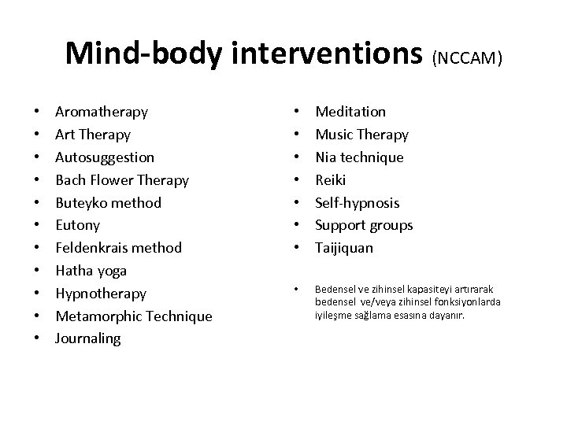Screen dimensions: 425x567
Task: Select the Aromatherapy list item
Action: coord(102,112)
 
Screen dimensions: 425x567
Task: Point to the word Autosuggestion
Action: coord(105,157)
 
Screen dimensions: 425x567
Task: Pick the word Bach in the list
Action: coord(70,180)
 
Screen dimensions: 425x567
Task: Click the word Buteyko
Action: coord(80,203)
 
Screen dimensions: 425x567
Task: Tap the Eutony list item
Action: coord(76,225)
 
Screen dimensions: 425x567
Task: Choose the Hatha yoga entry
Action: coord(91,271)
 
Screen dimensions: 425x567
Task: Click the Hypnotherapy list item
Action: coord(101,294)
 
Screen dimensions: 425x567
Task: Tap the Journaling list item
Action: coord(88,338)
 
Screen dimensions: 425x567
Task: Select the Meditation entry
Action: coord(350,112)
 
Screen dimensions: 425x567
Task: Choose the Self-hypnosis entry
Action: coord(358,203)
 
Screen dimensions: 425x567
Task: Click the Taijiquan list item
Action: coord(344,248)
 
